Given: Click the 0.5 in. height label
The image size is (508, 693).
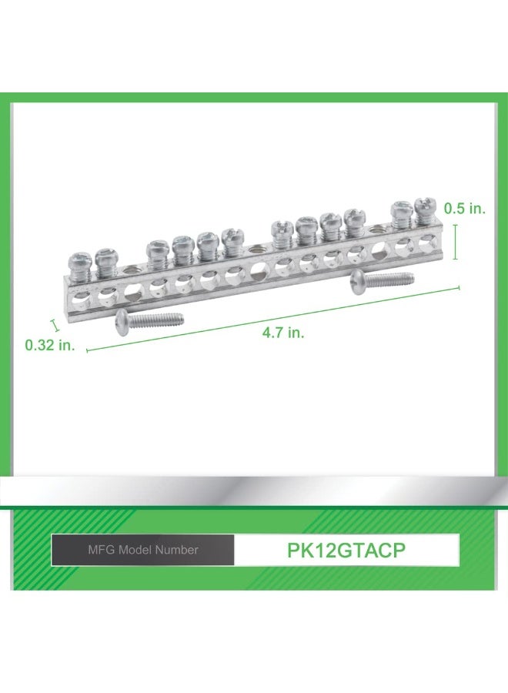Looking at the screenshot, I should coord(465,209).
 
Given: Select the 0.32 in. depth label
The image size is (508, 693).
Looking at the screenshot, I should coord(50,345).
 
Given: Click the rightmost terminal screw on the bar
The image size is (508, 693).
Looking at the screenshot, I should coord(424,210).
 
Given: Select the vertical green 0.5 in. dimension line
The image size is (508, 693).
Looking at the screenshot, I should coord(455,242).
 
